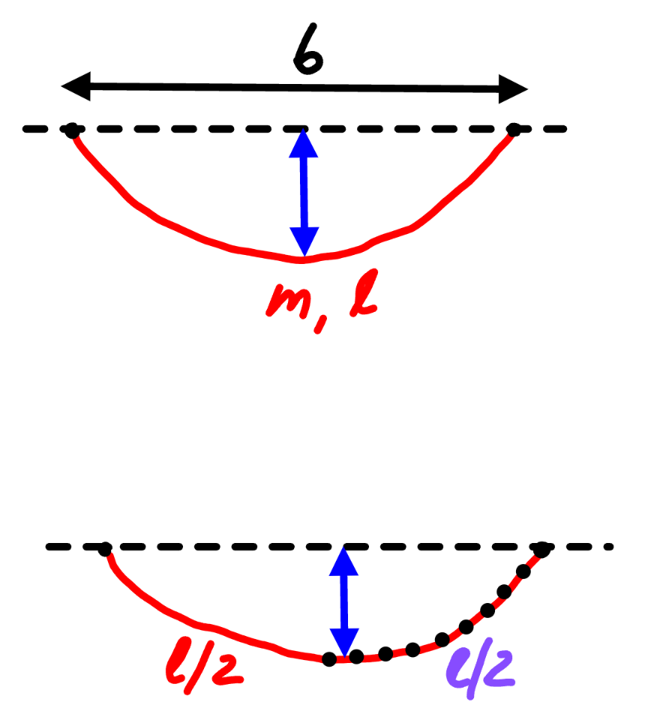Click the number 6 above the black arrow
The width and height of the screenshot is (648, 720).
pyautogui.click(x=308, y=49)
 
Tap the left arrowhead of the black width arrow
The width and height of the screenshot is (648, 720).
pyautogui.click(x=76, y=85)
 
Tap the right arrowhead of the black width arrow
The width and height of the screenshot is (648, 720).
pyautogui.click(x=514, y=89)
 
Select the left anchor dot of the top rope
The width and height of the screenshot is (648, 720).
pyautogui.click(x=72, y=130)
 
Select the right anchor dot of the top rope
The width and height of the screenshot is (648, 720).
pyautogui.click(x=514, y=130)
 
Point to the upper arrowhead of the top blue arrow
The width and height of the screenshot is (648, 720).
pyautogui.click(x=303, y=144)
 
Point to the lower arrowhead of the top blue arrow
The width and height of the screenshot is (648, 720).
pyautogui.click(x=304, y=241)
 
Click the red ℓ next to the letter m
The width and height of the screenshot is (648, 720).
pyautogui.click(x=364, y=293)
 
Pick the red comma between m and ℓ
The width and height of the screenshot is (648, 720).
pyautogui.click(x=320, y=324)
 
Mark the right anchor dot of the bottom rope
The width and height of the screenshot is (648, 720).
pyautogui.click(x=542, y=549)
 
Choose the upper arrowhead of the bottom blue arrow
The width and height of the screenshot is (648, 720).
pyautogui.click(x=343, y=561)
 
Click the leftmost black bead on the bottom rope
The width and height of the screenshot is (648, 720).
pyautogui.click(x=328, y=659)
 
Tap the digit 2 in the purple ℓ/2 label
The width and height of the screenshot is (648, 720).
pyautogui.click(x=496, y=669)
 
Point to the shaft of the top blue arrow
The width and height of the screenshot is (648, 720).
pyautogui.click(x=304, y=193)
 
